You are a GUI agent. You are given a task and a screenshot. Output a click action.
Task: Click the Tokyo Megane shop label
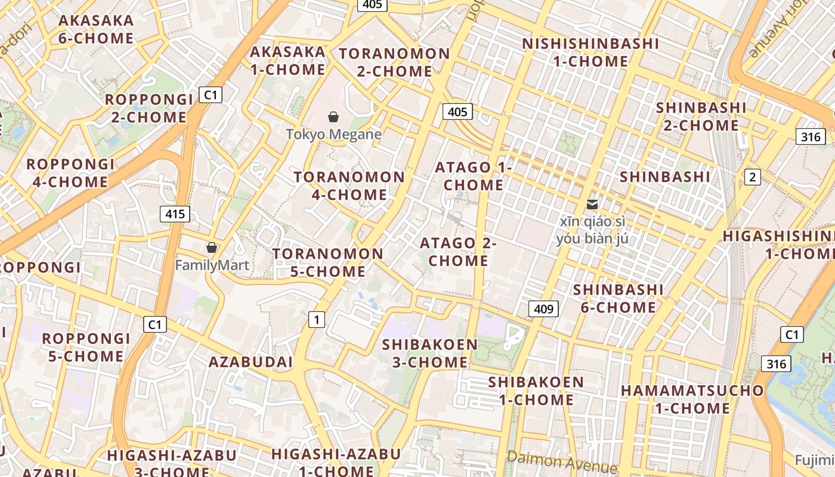point(333,134)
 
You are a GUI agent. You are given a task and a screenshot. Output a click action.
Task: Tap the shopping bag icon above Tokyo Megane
point(333,117)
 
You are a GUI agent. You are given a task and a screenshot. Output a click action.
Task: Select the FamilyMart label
point(212,265)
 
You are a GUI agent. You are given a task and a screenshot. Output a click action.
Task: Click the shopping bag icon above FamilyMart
point(211,247)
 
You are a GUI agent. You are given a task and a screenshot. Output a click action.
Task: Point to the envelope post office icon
point(592,204)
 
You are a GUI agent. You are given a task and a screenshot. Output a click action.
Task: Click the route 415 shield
point(175,214)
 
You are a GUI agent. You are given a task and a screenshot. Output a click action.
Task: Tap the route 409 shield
point(543,309)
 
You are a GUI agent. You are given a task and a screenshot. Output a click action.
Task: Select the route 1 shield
point(316,320)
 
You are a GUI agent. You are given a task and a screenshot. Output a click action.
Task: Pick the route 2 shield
point(753,176)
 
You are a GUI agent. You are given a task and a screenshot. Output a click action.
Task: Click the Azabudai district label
point(250,362)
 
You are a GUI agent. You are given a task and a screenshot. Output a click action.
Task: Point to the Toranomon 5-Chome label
point(328,262)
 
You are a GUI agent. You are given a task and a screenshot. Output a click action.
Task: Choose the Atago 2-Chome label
point(458,252)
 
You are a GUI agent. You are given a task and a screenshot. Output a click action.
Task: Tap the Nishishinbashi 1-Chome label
point(590,52)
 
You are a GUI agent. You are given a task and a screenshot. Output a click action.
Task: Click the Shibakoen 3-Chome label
point(430,353)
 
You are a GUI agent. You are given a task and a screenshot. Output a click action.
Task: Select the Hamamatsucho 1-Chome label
point(692,399)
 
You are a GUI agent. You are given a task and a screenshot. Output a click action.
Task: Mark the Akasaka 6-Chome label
point(96,29)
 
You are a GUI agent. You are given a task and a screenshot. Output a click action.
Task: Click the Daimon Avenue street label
point(561,462)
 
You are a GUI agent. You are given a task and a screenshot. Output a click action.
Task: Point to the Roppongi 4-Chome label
point(70,173)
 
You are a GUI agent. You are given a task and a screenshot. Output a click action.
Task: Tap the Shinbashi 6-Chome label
point(618,298)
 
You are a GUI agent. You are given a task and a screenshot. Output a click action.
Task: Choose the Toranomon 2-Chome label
point(394,62)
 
